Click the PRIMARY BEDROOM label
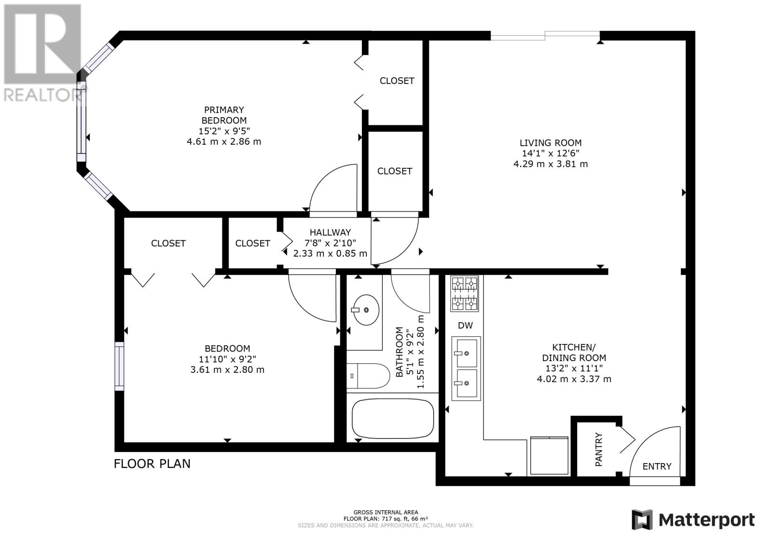coord(223,115)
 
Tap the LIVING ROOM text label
coord(550,143)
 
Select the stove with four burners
coord(464,293)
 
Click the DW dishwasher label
coord(465,326)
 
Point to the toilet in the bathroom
coord(368,376)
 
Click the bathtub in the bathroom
coord(393,417)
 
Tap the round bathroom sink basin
coord(365,310)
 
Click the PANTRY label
coord(599,450)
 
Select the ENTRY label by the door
coord(657,466)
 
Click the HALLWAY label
coord(330,232)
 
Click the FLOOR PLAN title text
coord(152,464)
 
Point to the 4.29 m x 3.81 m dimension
coord(550,164)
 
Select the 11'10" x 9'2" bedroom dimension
coord(227,359)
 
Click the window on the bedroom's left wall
coord(119,366)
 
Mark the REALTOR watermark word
coord(42,95)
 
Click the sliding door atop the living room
coord(545,35)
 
